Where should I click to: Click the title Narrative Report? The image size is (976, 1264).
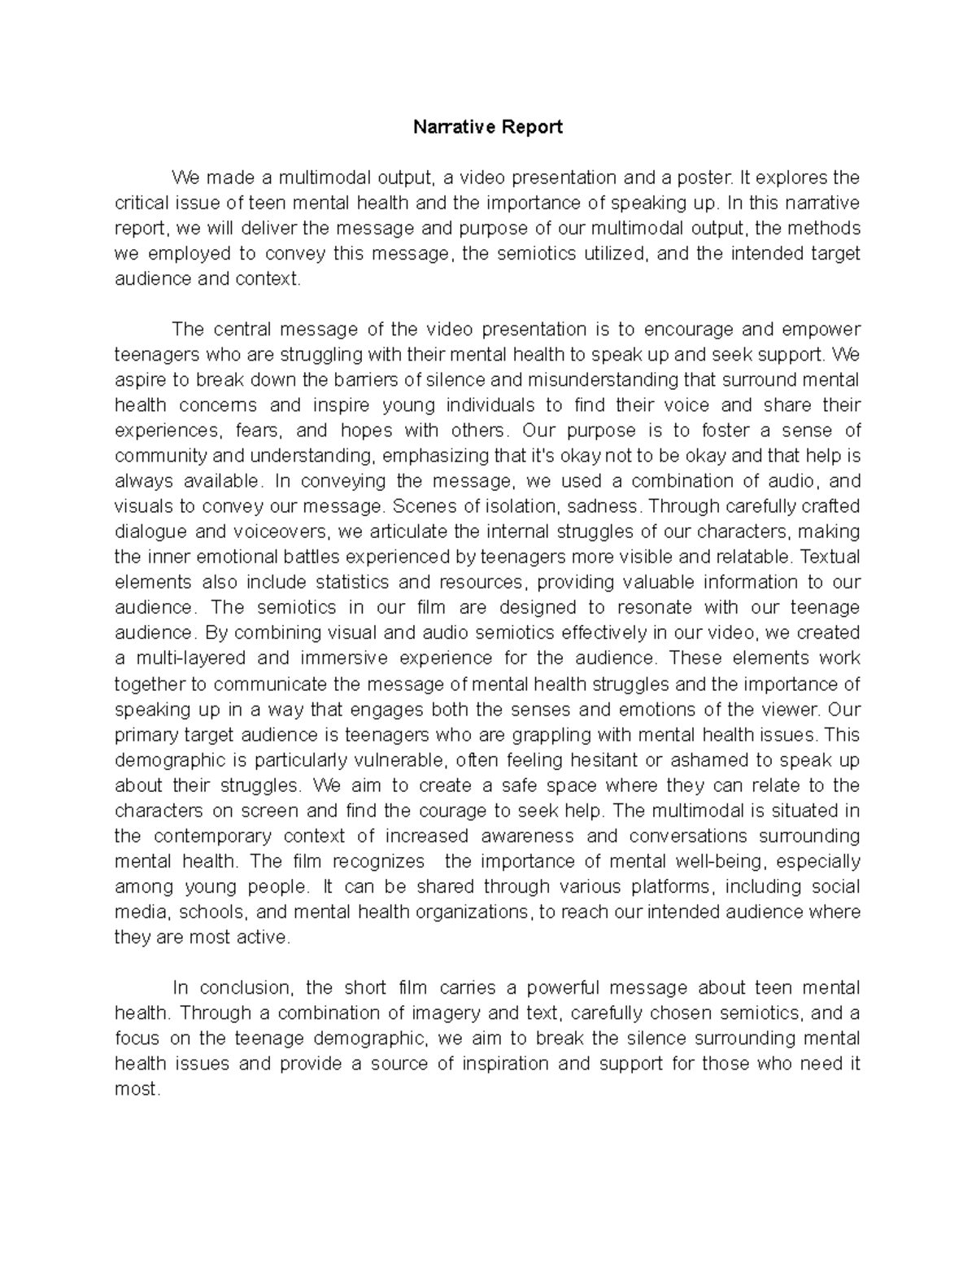pos(488,127)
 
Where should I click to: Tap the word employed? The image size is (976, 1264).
pos(181,253)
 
